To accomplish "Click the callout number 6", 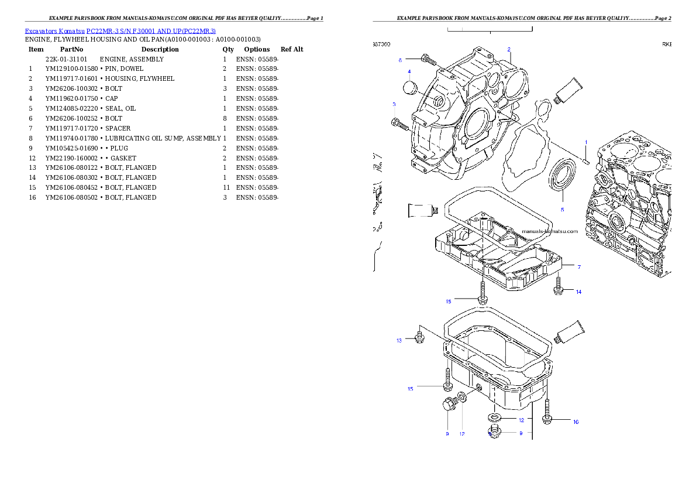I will pyautogui.click(x=400, y=60).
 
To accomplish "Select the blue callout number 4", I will pyautogui.click(x=409, y=72).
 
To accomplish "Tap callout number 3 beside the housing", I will pyautogui.click(x=394, y=104).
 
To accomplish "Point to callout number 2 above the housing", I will pyautogui.click(x=509, y=49).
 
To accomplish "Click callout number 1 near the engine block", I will pyautogui.click(x=586, y=142).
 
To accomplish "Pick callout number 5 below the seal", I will pyautogui.click(x=563, y=209).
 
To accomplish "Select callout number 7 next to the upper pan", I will pyautogui.click(x=579, y=267).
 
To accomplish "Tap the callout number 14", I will pyautogui.click(x=578, y=292).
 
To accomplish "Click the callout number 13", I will pyautogui.click(x=399, y=340).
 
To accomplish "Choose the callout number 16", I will pyautogui.click(x=576, y=422).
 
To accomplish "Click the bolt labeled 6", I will pyautogui.click(x=428, y=59).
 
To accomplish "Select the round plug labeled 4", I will pyautogui.click(x=409, y=87).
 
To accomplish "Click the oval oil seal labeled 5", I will pyautogui.click(x=561, y=175).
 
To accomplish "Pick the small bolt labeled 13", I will pyautogui.click(x=419, y=338).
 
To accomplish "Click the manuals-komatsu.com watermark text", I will pyautogui.click(x=549, y=231).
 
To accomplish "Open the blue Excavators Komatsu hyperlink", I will pyautogui.click(x=120, y=30).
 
